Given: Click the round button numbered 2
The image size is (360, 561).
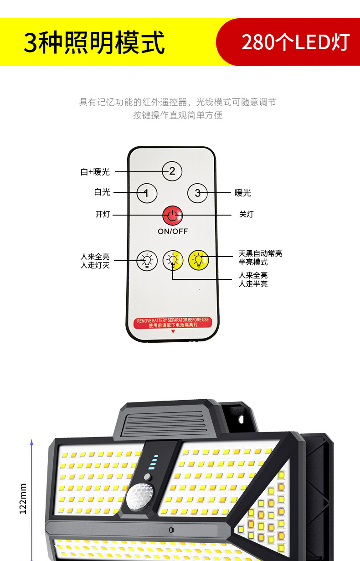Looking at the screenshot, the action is click(172, 171).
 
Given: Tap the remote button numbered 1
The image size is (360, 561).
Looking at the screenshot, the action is click(147, 193).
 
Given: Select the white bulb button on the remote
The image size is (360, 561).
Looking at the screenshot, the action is click(147, 260).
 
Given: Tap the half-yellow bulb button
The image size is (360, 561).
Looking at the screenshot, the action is click(173, 260).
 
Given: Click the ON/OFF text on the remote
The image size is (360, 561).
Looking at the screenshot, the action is click(173, 231).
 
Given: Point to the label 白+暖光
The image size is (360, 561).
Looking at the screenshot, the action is click(95, 172).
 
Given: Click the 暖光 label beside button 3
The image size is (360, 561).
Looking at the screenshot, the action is click(243, 193).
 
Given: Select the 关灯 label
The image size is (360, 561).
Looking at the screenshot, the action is click(247, 214).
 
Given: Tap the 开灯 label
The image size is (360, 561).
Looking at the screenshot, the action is click(103, 214).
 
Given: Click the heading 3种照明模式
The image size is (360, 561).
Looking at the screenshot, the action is click(94, 43).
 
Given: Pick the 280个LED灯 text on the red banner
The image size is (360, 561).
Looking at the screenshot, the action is click(295, 42).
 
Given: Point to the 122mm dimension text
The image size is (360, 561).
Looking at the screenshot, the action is click(23, 499).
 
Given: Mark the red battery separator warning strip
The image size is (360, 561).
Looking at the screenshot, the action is click(173, 322).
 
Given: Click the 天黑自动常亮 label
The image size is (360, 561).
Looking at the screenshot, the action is click(260, 253).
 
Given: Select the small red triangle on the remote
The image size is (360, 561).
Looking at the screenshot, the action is click(173, 332).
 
